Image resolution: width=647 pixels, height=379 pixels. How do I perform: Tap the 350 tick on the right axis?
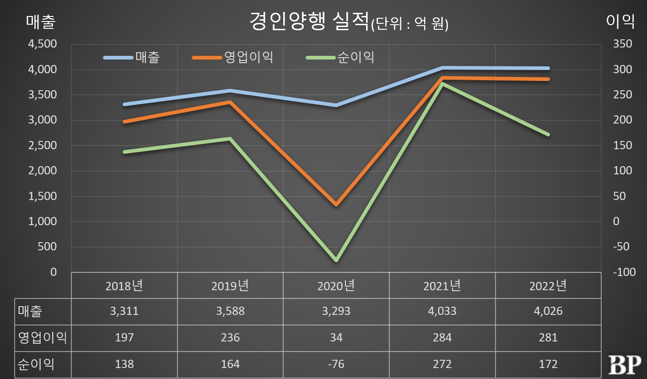[621, 44]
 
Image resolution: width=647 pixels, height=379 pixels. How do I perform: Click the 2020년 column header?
[336, 286]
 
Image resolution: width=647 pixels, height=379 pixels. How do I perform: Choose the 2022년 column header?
[548, 286]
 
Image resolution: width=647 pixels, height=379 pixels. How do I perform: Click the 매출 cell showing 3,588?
[230, 312]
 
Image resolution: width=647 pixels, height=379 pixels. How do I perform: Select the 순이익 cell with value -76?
[336, 364]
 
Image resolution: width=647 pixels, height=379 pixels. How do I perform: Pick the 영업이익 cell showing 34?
[336, 338]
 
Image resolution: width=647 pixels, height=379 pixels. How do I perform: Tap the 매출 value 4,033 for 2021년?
[442, 312]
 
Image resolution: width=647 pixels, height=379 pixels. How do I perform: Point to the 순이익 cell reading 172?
[548, 364]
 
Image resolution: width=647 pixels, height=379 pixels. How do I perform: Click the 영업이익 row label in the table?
[42, 338]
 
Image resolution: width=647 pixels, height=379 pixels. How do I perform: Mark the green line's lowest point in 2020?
[336, 260]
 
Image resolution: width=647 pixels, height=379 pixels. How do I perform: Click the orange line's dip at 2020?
[336, 204]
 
